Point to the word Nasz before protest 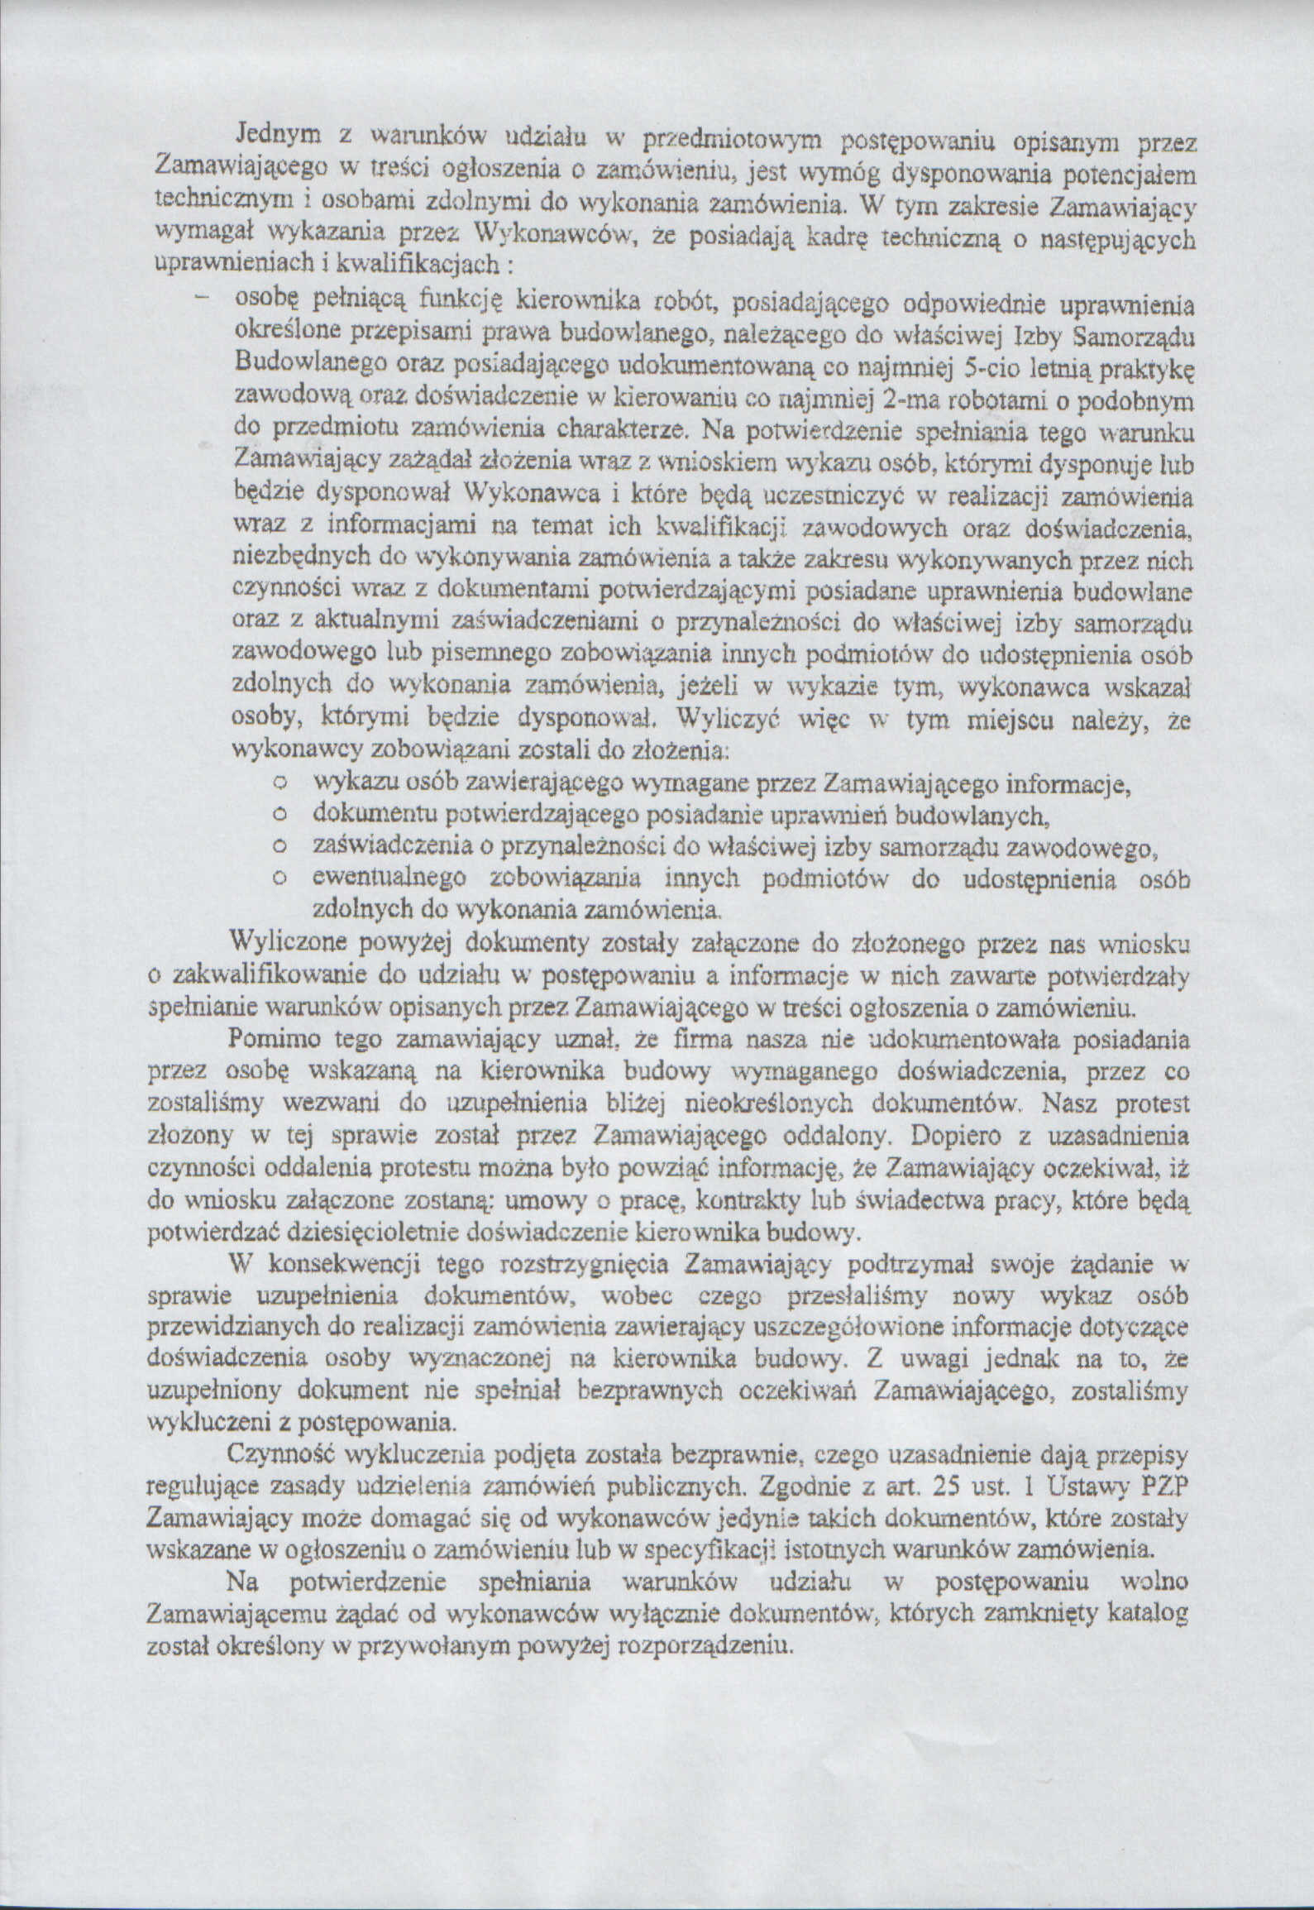click(x=1071, y=1103)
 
